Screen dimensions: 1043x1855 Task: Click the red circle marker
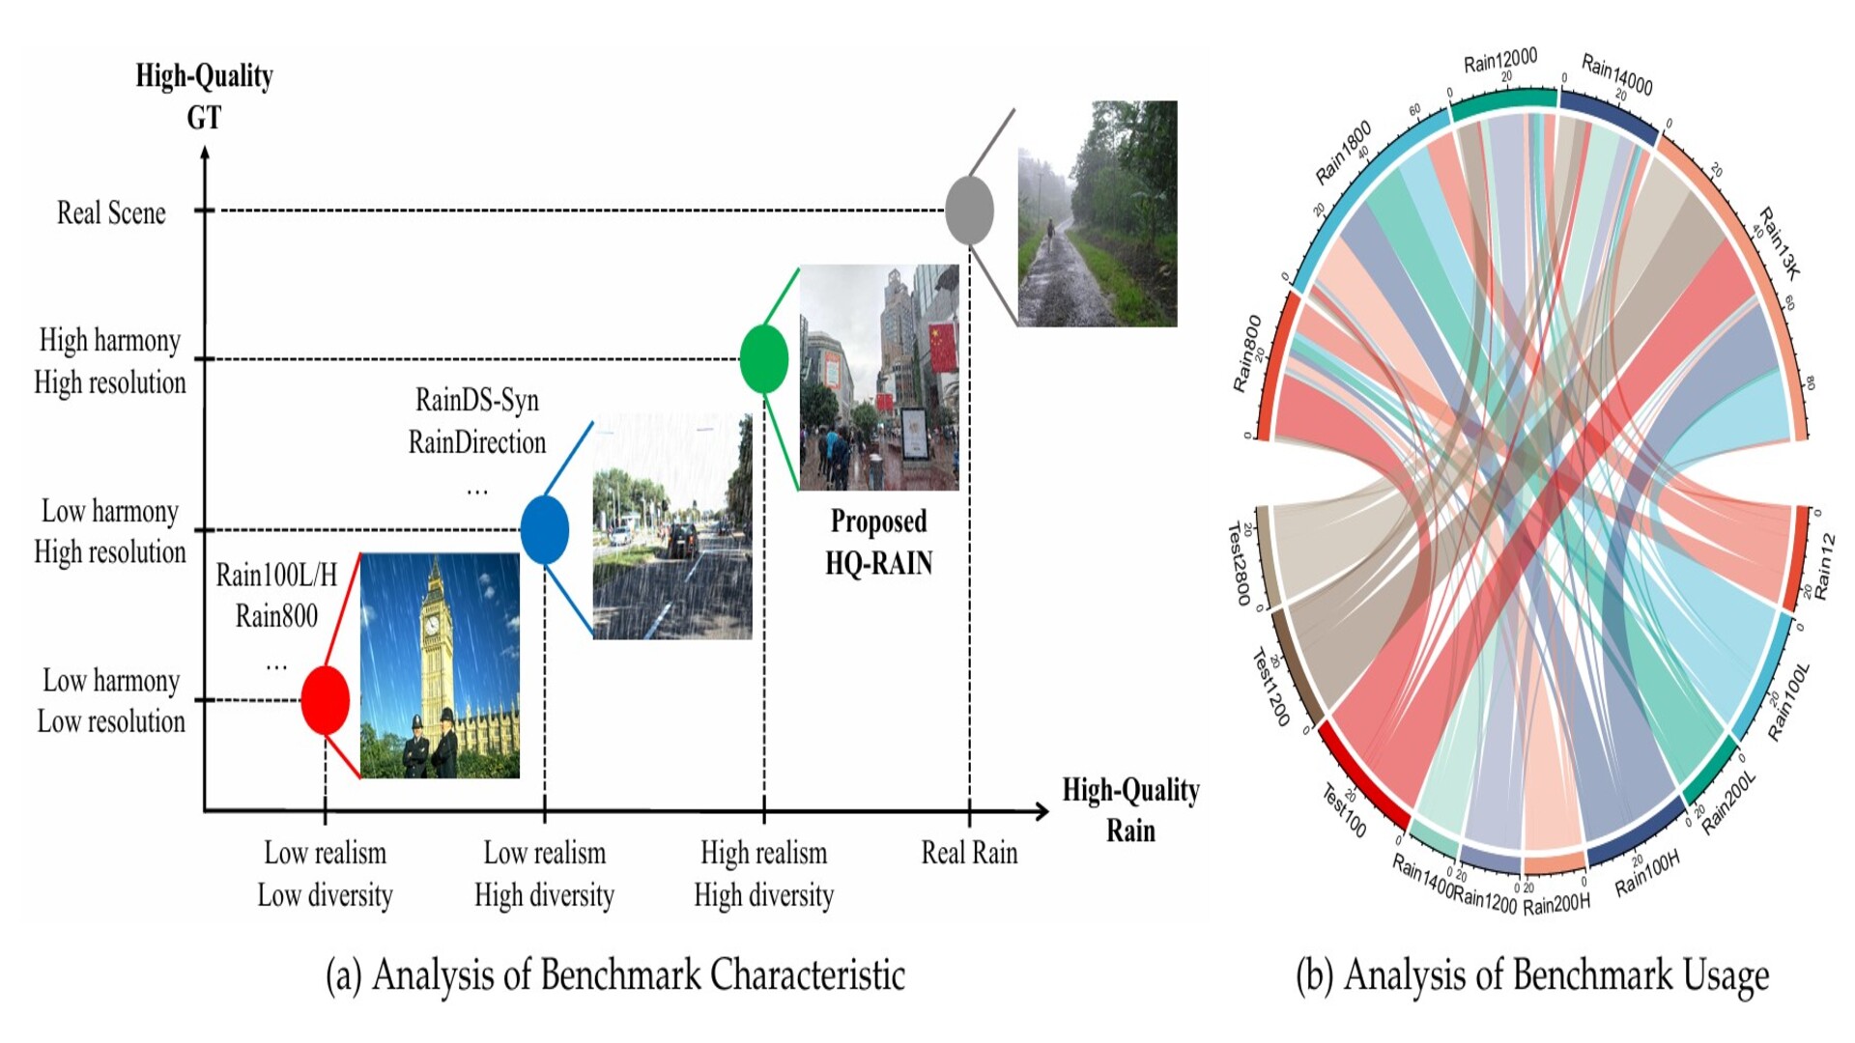[x=325, y=700]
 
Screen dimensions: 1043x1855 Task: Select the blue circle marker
[x=544, y=529]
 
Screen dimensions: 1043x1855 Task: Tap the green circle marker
[x=763, y=359]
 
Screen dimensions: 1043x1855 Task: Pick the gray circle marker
[x=969, y=210]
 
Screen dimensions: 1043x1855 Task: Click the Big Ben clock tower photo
[x=440, y=665]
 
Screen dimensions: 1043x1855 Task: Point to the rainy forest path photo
[x=1097, y=213]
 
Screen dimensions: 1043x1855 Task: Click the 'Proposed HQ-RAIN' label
[x=878, y=542]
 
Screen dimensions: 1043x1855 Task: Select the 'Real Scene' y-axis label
[x=111, y=212]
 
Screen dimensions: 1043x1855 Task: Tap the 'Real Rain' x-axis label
[x=969, y=853]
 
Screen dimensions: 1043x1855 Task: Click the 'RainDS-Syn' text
[x=476, y=400]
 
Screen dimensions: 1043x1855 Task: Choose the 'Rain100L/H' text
[x=276, y=576]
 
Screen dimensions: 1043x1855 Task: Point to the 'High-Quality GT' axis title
[x=204, y=96]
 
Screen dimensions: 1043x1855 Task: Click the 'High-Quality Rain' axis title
[x=1130, y=809]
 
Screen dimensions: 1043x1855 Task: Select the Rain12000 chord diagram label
[x=1499, y=61]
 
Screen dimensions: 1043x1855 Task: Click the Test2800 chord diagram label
[x=1239, y=564]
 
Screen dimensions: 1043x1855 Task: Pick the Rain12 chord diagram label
[x=1823, y=566]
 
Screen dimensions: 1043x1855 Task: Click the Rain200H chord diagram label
[x=1555, y=905]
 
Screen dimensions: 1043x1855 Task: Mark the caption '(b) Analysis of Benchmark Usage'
[x=1532, y=974]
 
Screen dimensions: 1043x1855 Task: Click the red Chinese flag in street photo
[x=942, y=348]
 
